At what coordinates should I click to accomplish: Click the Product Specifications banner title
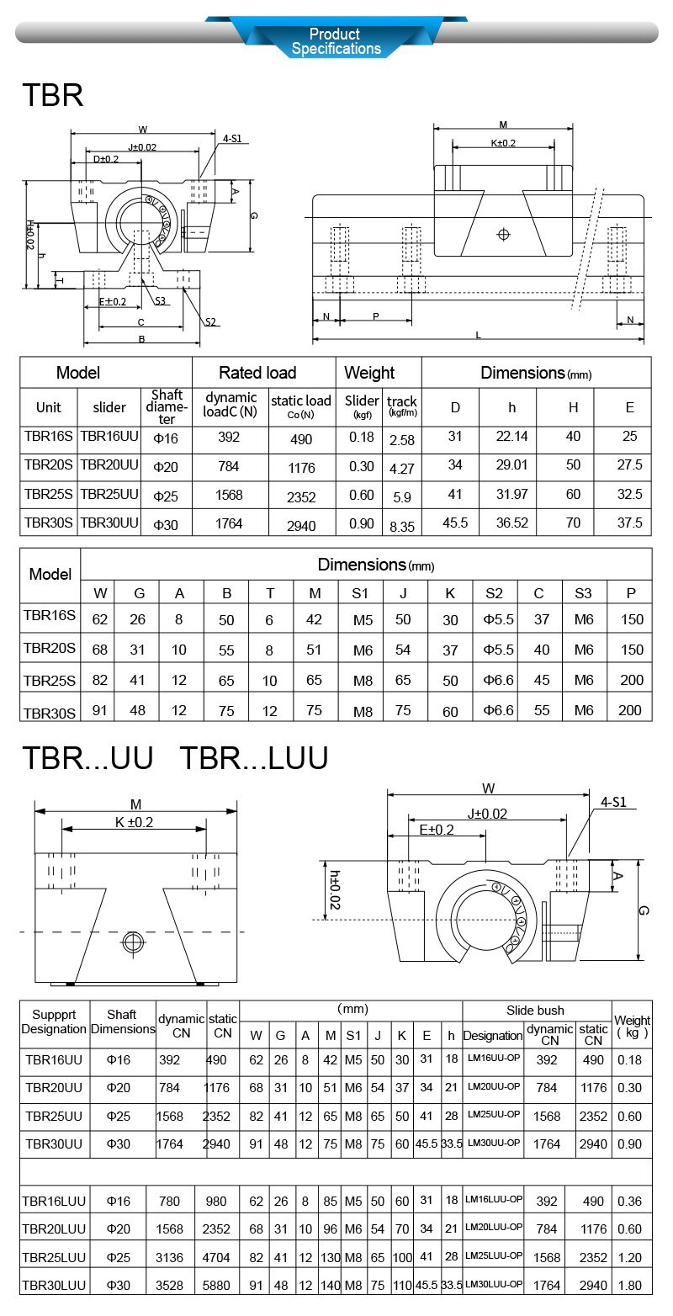click(x=336, y=41)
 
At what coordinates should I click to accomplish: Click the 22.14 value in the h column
click(x=511, y=436)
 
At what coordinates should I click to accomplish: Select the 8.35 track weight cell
click(x=402, y=527)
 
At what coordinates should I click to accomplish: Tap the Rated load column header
click(x=257, y=373)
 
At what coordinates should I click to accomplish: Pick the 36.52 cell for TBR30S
click(x=511, y=523)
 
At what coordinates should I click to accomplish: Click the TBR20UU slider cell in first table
click(x=109, y=465)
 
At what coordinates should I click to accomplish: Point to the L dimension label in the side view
click(x=478, y=335)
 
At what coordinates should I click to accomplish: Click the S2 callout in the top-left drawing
click(x=211, y=321)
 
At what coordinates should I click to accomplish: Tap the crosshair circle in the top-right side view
click(x=504, y=233)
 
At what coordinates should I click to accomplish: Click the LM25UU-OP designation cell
click(x=493, y=1114)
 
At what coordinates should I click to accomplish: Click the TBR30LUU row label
click(x=54, y=1286)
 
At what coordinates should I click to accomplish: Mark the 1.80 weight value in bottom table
click(x=632, y=1286)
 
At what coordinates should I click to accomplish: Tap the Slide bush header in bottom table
click(x=535, y=1010)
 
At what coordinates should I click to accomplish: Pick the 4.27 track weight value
click(x=402, y=468)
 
